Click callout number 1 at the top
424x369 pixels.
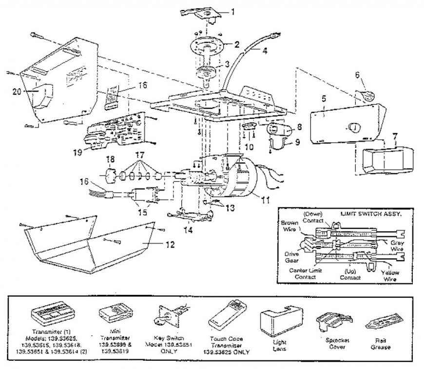pyautogui.click(x=232, y=11)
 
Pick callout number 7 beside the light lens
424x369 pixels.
pyautogui.click(x=395, y=136)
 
